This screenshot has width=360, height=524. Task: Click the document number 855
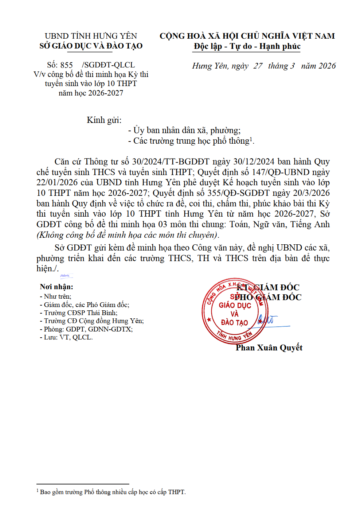point(66,65)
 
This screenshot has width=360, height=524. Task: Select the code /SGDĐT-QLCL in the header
point(108,65)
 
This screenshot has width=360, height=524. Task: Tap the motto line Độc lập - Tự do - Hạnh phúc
point(247,46)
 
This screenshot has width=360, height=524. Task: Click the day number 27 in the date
point(258,66)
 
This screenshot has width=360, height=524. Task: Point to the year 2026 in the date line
point(327,66)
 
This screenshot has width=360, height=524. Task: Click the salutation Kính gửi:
point(104,120)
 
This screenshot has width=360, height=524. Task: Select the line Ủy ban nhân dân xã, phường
point(184,130)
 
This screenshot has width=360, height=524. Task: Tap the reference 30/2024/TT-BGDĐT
point(171,162)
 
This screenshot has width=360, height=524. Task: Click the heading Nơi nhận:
point(56,287)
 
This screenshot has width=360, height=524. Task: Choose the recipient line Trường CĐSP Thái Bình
point(80,313)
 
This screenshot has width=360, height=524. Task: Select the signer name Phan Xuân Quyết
point(269,348)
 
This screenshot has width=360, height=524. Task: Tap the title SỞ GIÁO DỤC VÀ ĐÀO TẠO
point(91,46)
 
